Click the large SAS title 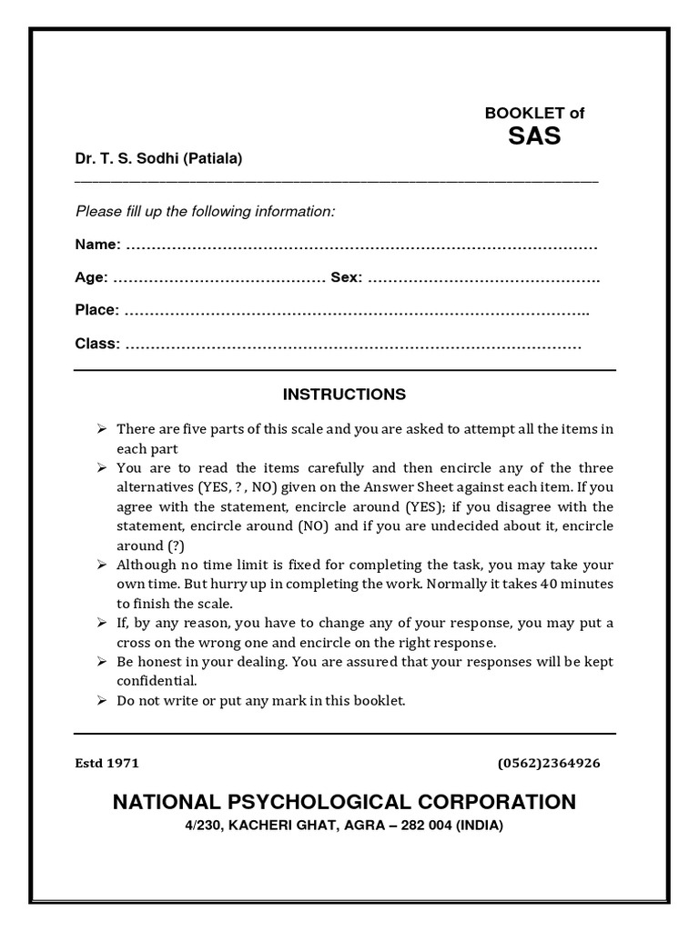tap(534, 137)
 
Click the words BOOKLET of tap(534, 114)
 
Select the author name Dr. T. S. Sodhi tap(127, 159)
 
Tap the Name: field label tap(97, 245)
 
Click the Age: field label tap(91, 277)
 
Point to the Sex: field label tap(346, 277)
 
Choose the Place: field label tap(96, 310)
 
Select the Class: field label tap(96, 344)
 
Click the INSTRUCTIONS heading tap(344, 395)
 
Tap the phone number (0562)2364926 tap(549, 763)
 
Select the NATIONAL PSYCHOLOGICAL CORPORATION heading tap(344, 802)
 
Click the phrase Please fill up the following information tap(206, 212)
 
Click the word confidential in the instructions tap(156, 680)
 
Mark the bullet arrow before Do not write tap(100, 700)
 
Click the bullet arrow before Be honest tap(100, 661)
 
